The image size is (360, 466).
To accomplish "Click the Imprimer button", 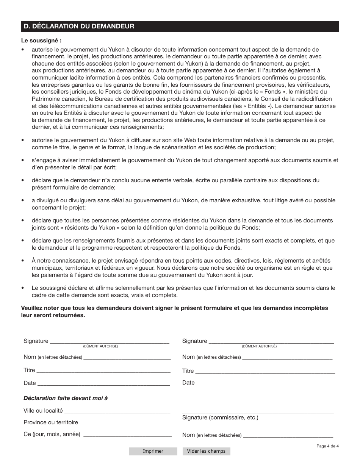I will pos(153,451).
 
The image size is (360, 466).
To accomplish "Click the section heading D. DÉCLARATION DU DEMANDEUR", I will pos(79,27).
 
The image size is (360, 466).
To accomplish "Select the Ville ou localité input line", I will pos(117,410).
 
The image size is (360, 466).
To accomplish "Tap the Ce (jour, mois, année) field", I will pos(127,434).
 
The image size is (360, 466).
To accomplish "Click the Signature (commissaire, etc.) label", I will pos(220,418).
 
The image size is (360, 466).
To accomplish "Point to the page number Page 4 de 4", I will pos(327,446).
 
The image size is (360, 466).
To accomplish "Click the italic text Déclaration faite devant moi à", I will pos(66,398).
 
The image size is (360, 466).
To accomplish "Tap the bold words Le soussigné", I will pos(41,41).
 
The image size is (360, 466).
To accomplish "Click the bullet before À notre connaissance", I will pos(23,261).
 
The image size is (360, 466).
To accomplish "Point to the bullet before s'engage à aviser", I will pos(23,161).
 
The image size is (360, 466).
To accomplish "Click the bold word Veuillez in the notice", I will pos(33,308).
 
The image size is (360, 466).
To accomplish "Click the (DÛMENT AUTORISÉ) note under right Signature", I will pos(259,346).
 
